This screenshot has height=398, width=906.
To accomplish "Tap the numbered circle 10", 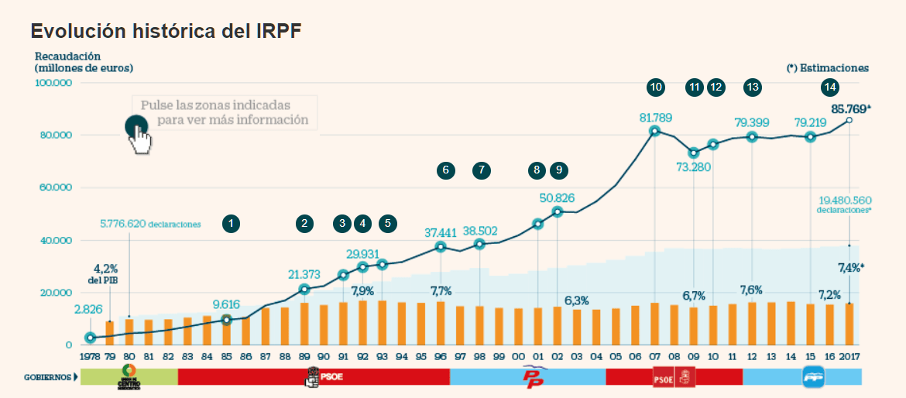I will [x=656, y=87].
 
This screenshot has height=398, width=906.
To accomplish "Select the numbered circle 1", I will [x=231, y=224].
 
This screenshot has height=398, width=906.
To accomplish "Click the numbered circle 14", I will [x=830, y=87].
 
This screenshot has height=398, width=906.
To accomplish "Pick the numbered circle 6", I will [x=445, y=170].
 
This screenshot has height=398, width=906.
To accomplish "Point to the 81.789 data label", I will [x=655, y=118].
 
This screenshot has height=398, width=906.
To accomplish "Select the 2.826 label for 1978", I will [x=89, y=311].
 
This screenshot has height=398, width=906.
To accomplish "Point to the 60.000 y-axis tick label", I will [x=55, y=187].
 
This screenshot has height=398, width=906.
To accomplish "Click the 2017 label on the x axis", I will [x=849, y=358].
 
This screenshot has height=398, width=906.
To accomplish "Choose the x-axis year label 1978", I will [x=89, y=358].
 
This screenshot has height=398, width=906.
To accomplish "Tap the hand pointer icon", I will [x=140, y=137].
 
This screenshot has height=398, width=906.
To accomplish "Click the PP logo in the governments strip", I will [x=534, y=377].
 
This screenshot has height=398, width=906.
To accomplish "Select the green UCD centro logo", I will [x=129, y=376].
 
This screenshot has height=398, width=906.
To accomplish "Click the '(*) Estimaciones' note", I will [x=828, y=68].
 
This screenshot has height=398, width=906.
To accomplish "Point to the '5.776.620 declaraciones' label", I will [x=150, y=225].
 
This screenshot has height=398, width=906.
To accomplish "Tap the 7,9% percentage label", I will [x=362, y=291].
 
